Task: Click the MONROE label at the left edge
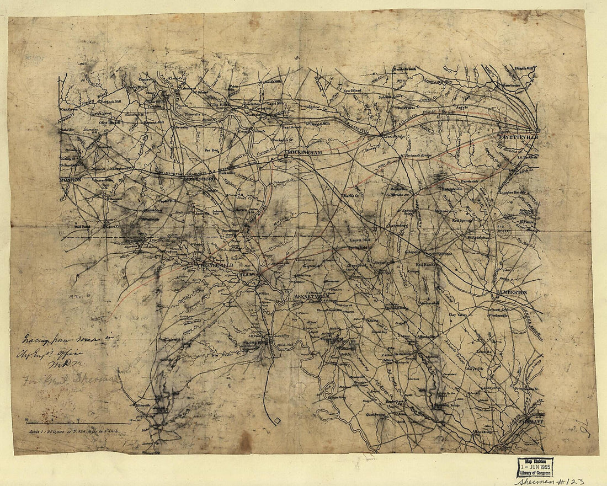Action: [x=71, y=179]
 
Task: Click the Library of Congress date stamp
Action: [x=535, y=467]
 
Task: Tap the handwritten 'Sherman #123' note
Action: [x=550, y=480]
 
